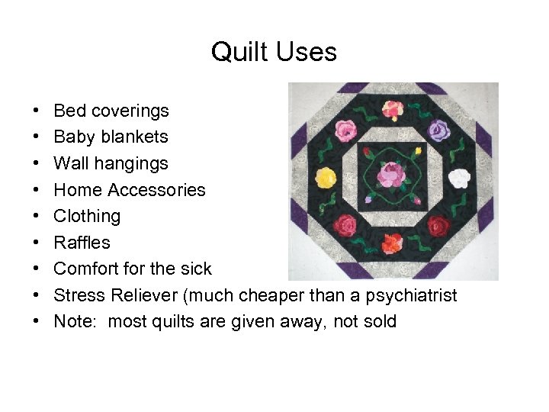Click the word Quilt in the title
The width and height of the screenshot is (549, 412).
pos(234,52)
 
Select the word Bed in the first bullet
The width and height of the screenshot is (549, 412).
pos(69,111)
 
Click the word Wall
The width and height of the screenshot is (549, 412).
pos(70,163)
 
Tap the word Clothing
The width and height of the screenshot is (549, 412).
pos(87,216)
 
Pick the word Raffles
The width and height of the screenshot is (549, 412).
pos(82,243)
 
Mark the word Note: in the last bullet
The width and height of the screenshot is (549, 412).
pos(75,321)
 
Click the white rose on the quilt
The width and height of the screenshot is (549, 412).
pos(457,179)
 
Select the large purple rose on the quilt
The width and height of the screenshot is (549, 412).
pos(440,130)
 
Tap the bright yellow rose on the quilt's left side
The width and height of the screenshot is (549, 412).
pos(326,179)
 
